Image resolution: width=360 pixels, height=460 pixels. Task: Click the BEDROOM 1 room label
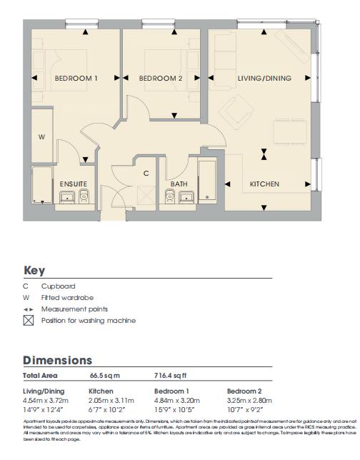click(x=76, y=79)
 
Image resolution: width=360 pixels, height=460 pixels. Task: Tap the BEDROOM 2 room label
click(x=161, y=79)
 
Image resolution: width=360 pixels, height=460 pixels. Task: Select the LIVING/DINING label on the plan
click(x=264, y=79)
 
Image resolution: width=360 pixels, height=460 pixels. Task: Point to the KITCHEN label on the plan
click(x=264, y=184)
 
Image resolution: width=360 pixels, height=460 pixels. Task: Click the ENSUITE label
click(x=73, y=184)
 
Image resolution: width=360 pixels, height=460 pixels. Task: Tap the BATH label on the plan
click(x=179, y=184)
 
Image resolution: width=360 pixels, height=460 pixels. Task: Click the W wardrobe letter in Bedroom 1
click(x=41, y=136)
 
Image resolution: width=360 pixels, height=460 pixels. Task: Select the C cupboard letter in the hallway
click(x=146, y=173)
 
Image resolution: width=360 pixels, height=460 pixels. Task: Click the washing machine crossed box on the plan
click(x=146, y=194)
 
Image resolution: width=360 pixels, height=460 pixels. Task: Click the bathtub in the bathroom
click(x=207, y=183)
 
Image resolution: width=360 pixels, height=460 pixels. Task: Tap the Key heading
click(x=34, y=271)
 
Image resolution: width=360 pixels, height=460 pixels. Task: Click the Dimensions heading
click(x=57, y=361)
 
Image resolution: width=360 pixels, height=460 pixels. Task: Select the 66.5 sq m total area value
click(x=104, y=375)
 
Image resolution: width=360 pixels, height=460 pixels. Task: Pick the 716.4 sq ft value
click(x=171, y=375)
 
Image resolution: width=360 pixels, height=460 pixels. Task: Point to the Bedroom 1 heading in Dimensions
click(x=171, y=391)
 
